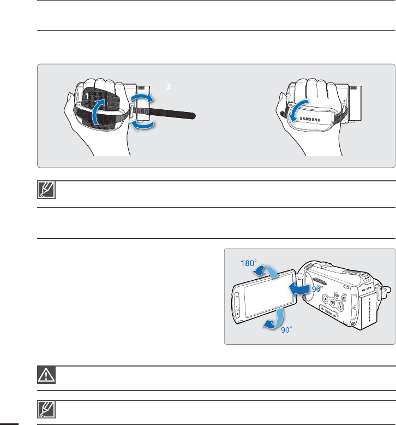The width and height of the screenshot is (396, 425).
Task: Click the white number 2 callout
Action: [x=169, y=87]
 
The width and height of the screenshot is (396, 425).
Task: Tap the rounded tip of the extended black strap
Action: [x=191, y=116]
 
